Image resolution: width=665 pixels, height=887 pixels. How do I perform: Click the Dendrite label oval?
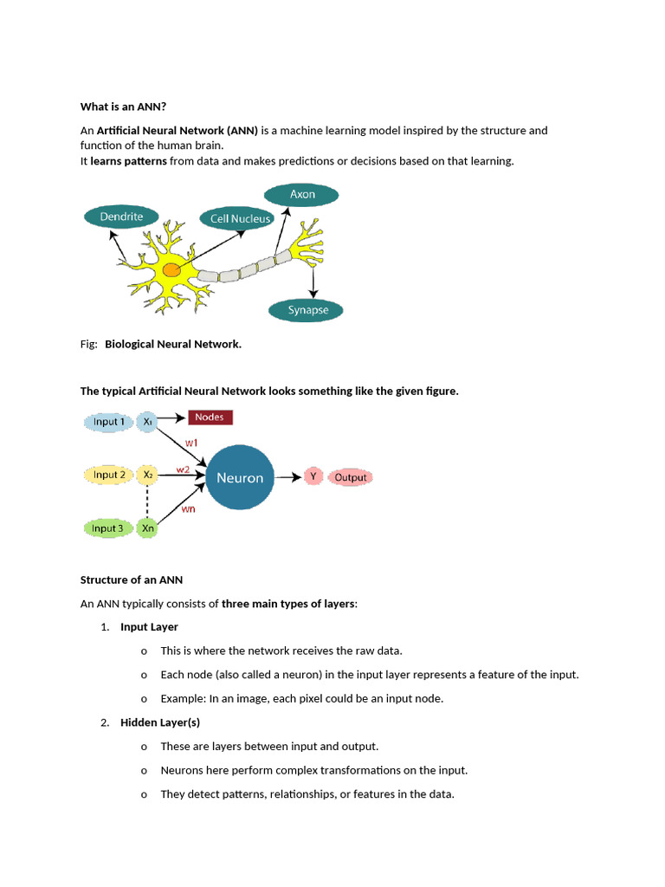tap(121, 217)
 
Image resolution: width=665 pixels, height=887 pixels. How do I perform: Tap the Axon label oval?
tap(302, 194)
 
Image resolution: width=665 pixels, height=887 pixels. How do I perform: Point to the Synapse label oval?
tap(307, 310)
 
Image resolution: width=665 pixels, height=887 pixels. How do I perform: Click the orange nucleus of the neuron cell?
tap(172, 271)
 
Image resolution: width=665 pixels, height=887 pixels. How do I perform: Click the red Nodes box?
tap(210, 418)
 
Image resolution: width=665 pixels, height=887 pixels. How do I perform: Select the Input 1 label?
tap(110, 422)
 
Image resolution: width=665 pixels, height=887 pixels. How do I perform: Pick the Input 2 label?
tap(110, 475)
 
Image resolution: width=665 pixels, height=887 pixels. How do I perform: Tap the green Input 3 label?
tap(108, 528)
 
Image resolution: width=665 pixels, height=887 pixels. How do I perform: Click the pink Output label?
tap(350, 477)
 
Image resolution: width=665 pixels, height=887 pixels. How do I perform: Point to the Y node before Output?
tap(313, 476)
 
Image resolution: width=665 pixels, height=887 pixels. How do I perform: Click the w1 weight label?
tap(191, 442)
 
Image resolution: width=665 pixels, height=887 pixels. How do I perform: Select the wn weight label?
tap(188, 509)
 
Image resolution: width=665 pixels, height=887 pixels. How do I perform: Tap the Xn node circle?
tap(148, 528)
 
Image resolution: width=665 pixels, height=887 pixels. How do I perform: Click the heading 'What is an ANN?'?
tap(123, 107)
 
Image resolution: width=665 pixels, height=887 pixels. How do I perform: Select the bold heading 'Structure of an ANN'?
tap(132, 579)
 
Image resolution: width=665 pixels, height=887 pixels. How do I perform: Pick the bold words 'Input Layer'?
tap(149, 626)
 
